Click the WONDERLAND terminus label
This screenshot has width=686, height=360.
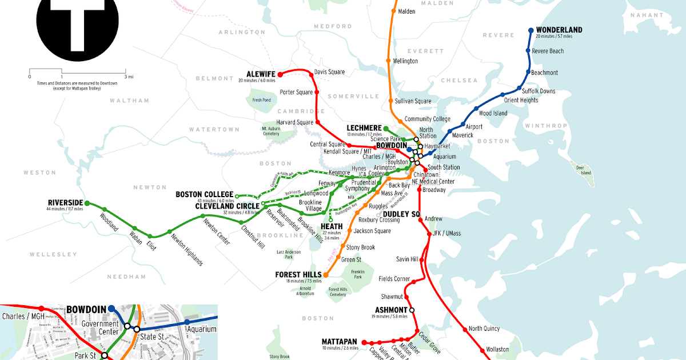point(559,30)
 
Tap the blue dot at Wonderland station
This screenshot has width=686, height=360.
point(531,30)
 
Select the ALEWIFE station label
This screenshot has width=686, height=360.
point(261,74)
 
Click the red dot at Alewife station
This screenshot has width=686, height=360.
point(280,74)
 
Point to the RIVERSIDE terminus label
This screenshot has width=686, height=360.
point(65,203)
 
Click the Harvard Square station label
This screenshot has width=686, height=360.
point(296,122)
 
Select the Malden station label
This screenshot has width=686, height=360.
point(406,11)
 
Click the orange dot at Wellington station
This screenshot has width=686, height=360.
point(388,61)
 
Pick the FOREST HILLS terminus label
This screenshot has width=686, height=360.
point(298,275)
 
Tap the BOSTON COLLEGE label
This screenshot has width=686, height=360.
point(204,195)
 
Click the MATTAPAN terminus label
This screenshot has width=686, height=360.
point(340,342)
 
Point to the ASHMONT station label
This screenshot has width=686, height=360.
point(386,310)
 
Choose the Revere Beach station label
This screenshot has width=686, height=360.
point(548,51)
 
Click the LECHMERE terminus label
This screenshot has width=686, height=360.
point(364,127)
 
